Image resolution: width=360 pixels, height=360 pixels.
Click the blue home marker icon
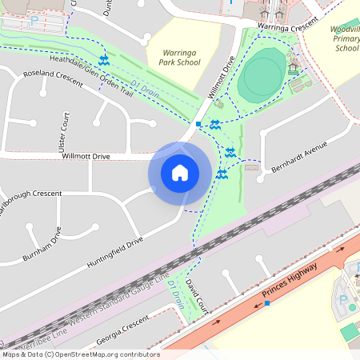click(x=180, y=172)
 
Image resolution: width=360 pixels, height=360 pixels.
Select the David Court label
click(x=196, y=295)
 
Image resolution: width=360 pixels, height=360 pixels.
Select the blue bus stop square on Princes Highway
click(x=267, y=304)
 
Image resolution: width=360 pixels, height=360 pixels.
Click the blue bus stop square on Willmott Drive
click(x=198, y=124)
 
